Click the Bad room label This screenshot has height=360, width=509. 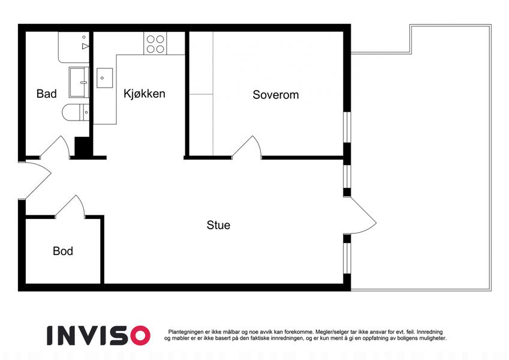click(x=46, y=94)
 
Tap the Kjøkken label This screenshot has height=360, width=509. click(x=144, y=94)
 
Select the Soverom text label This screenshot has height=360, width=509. click(x=276, y=95)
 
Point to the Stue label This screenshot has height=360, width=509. click(x=218, y=225)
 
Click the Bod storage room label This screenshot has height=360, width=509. click(x=63, y=251)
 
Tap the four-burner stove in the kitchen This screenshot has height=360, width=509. click(x=155, y=44)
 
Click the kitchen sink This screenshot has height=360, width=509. click(x=104, y=78)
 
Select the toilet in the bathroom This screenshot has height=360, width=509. click(x=76, y=112)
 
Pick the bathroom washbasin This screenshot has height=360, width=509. click(x=79, y=83)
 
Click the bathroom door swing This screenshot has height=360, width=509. click(x=55, y=148)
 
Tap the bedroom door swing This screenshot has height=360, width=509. click(x=247, y=148)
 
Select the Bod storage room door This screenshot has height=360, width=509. click(x=70, y=206)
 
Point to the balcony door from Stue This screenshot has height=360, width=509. click(x=360, y=215)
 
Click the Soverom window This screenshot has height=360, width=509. click(x=347, y=127)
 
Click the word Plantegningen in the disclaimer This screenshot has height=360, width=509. click(x=186, y=332)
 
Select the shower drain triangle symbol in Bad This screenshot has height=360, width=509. click(x=85, y=46)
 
